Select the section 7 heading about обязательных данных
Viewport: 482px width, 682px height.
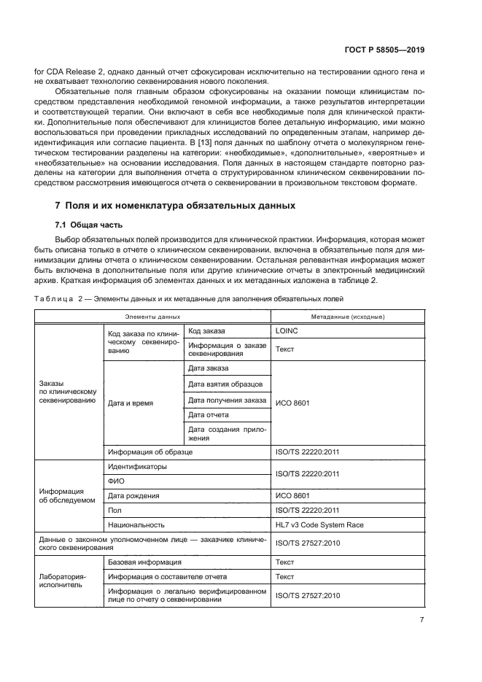pos(176,206)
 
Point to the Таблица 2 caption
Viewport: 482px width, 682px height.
pos(187,299)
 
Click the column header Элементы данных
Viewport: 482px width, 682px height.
pos(152,317)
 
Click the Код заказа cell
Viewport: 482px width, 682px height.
pos(207,330)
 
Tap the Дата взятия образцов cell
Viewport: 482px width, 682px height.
pos(225,384)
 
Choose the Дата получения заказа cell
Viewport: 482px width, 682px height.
pos(227,400)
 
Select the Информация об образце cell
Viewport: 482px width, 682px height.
pos(149,452)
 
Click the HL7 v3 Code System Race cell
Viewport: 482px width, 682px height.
pos(319,524)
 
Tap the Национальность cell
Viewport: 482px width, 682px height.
pos(136,524)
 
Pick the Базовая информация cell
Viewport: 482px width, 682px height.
pos(144,562)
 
